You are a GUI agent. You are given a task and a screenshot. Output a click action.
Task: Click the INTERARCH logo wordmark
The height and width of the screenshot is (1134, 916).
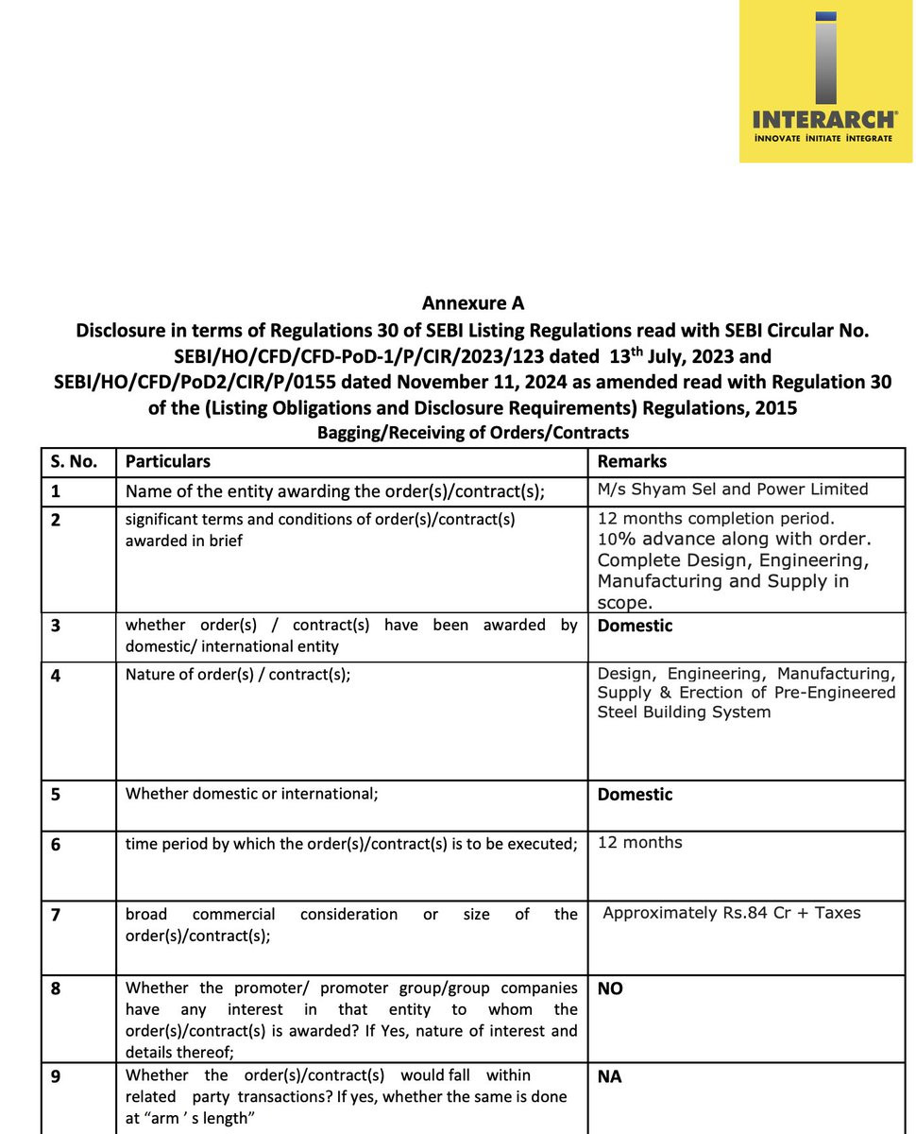point(823,119)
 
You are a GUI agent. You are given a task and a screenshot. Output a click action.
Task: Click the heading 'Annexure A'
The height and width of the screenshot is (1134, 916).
point(472,303)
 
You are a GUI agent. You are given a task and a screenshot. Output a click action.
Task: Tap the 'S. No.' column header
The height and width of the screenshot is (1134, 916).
point(73,462)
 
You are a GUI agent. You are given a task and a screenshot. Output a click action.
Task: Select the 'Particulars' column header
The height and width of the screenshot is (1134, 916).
point(168,462)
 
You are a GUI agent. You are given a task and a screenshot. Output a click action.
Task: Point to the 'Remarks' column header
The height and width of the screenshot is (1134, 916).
point(632,462)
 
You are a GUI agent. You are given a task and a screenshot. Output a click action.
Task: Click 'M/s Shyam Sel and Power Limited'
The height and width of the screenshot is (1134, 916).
point(733,490)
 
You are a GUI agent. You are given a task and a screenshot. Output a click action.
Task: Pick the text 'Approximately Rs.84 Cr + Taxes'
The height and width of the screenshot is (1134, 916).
point(732,913)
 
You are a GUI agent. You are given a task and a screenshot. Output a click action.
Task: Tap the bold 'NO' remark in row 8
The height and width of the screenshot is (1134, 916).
point(610,989)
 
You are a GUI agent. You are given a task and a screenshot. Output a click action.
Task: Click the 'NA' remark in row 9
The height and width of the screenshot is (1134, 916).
point(609,1076)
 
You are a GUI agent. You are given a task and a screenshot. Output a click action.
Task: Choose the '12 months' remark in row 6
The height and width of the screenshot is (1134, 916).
point(639,842)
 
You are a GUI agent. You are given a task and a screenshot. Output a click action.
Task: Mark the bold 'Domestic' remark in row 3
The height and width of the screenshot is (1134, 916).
point(635,626)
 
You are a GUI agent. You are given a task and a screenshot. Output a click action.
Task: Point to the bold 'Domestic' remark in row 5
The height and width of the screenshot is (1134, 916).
point(635,795)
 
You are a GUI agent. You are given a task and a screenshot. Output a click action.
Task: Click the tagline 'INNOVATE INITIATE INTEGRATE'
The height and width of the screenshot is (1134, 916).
point(822,138)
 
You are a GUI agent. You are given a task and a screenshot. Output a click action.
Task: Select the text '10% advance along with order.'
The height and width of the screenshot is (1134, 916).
point(734,540)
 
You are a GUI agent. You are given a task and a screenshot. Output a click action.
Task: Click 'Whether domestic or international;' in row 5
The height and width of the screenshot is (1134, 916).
point(252,794)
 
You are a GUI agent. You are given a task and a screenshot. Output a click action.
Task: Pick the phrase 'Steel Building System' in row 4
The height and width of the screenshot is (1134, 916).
point(684,712)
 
